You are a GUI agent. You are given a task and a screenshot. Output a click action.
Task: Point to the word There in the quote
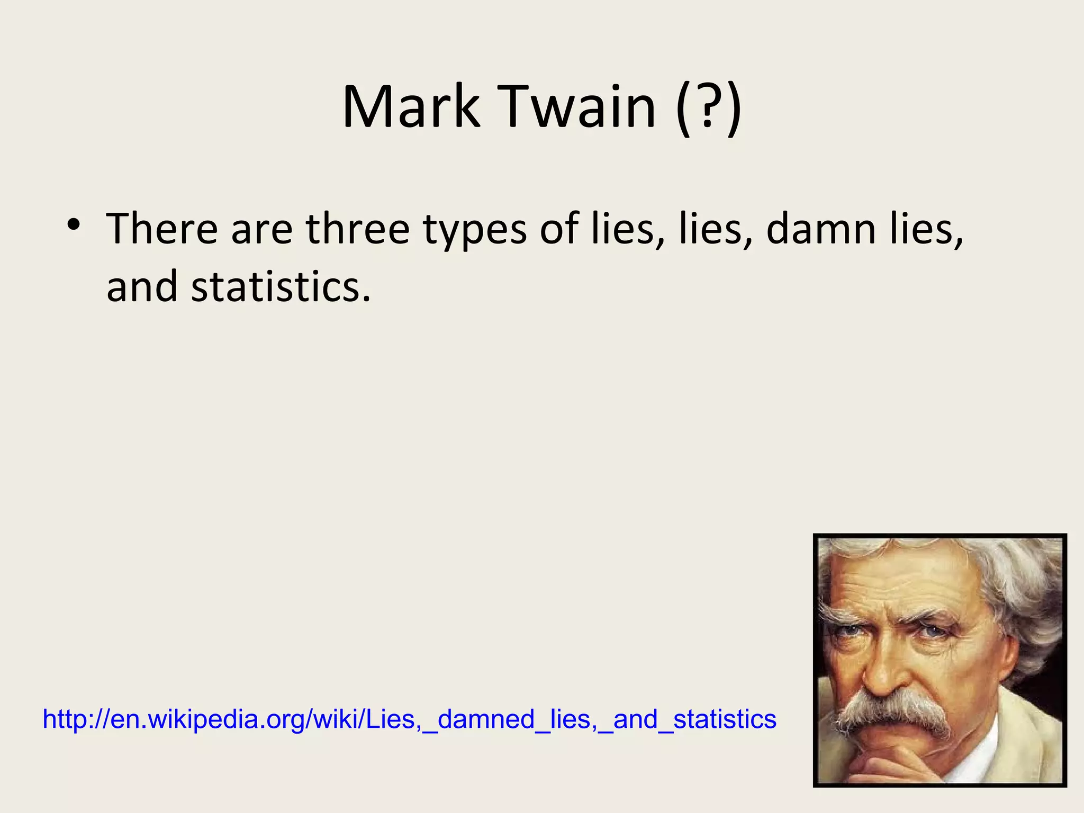tap(162, 229)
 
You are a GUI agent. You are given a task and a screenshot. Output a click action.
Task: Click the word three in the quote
tap(357, 229)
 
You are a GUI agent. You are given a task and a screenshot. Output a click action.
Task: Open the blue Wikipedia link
tap(409, 719)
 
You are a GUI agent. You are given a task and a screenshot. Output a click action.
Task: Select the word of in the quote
tap(559, 229)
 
